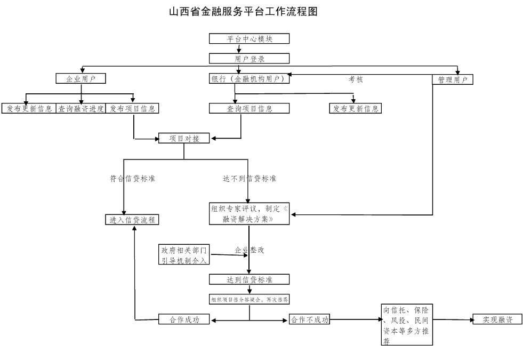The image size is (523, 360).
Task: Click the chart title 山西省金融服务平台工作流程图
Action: [243, 12]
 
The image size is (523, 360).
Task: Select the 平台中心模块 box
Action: [249, 39]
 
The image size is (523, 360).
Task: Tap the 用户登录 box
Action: [249, 59]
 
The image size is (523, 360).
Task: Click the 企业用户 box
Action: [81, 79]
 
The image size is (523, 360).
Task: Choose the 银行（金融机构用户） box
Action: [250, 79]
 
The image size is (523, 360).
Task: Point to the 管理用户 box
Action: [452, 79]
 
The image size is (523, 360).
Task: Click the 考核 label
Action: [356, 79]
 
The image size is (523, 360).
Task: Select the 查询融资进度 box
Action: [81, 108]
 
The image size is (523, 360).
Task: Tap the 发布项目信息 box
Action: [132, 108]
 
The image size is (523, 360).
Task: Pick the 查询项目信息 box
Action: [249, 108]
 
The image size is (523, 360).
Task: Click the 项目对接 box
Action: [184, 138]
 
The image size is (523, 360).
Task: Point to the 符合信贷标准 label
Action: [132, 179]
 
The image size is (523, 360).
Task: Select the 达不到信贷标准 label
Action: [249, 179]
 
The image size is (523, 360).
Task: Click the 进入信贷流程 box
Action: [132, 220]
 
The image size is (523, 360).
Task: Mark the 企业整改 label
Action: [250, 250]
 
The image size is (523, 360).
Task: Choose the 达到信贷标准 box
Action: [249, 279]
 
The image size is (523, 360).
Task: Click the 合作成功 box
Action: [184, 320]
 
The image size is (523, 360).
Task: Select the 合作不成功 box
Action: [309, 320]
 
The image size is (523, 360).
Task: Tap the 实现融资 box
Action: [497, 319]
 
